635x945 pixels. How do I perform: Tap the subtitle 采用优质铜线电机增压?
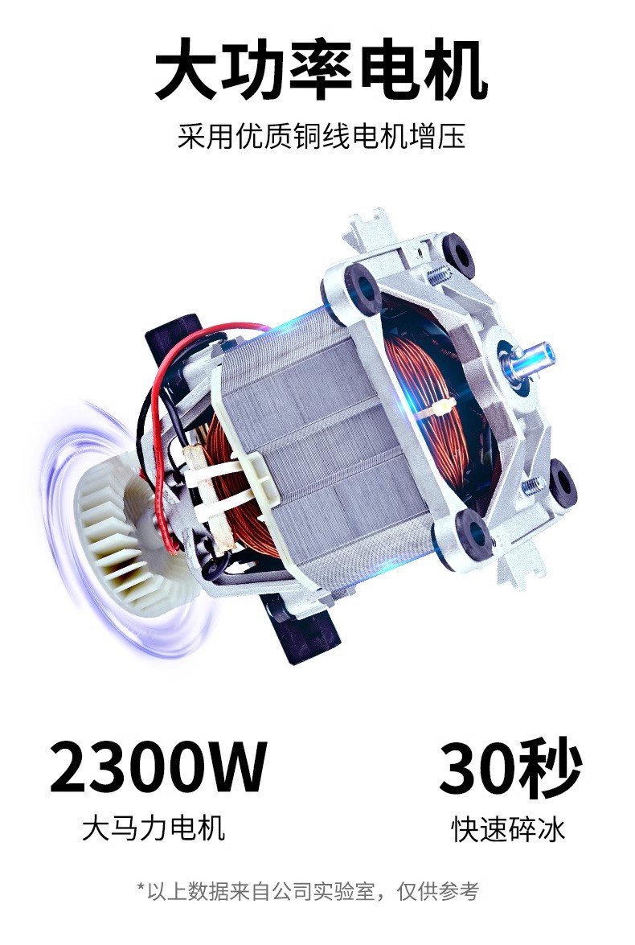(322, 136)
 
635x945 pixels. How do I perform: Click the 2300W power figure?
(158, 767)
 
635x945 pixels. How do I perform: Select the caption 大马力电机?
(154, 828)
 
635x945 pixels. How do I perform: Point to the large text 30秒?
(510, 767)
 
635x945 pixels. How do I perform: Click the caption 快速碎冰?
(509, 828)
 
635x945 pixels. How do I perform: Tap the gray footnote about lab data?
(308, 891)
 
